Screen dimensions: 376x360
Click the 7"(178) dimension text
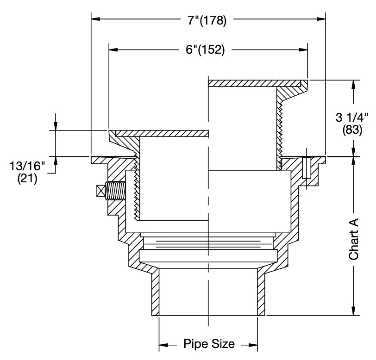[x=207, y=20]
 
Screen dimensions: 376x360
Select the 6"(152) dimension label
[x=205, y=50]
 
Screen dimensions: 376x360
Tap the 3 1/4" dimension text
[x=352, y=118]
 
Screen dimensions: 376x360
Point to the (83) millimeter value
[x=352, y=130]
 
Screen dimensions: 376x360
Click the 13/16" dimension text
[x=27, y=166]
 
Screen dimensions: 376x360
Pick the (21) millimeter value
[x=27, y=179]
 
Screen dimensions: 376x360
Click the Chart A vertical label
[x=353, y=239]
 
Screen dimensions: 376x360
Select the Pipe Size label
[x=209, y=344]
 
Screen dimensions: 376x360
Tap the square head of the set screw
[x=101, y=191]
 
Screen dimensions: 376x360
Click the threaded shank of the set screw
[x=116, y=191]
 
